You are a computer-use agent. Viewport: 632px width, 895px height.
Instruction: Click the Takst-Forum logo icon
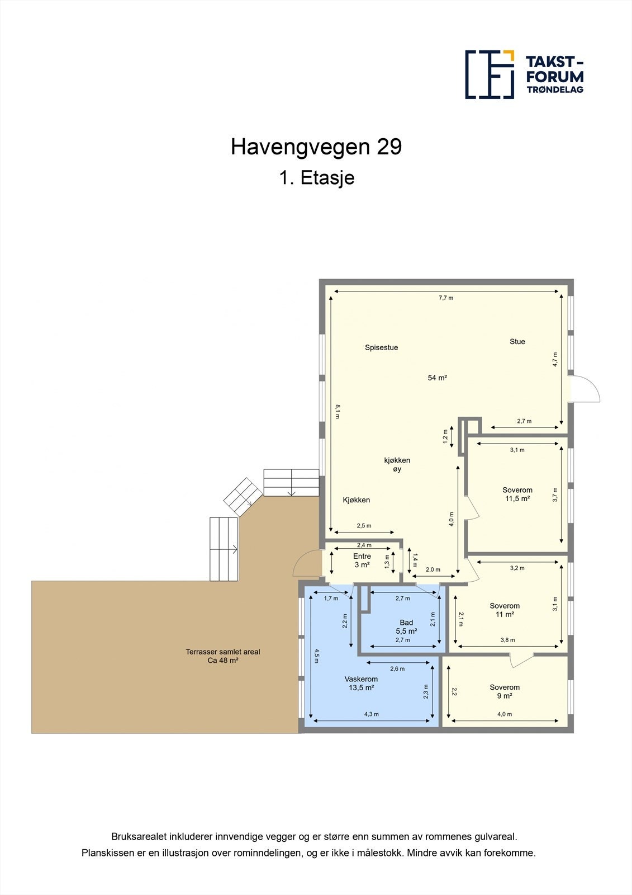490,74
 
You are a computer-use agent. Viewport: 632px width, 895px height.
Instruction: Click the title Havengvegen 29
316,147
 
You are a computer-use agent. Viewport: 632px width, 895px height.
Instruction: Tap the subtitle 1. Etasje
316,178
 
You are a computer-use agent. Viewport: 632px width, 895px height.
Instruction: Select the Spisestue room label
381,347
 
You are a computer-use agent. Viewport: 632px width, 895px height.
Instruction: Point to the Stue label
517,341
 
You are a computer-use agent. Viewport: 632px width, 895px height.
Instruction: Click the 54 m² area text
437,378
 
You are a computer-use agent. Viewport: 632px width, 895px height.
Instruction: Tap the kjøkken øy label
397,465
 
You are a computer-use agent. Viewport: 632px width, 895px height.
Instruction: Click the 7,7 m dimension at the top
445,298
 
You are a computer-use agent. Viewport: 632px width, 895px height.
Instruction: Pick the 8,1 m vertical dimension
337,411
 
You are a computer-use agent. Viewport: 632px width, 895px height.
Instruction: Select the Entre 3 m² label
362,560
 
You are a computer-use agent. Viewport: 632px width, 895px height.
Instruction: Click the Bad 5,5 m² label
406,626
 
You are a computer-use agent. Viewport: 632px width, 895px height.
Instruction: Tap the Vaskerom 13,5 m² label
361,684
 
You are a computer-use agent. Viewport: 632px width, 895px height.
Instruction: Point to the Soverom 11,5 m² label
517,494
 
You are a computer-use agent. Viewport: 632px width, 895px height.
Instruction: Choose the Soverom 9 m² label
504,691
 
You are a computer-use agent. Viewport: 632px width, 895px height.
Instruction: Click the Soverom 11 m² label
504,610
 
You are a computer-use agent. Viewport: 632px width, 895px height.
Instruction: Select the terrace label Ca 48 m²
222,656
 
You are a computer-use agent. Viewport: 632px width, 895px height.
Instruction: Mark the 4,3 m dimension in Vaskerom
371,714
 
